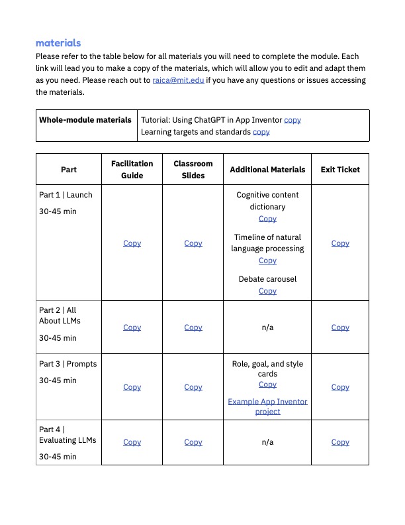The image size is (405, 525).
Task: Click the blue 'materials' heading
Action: (x=58, y=43)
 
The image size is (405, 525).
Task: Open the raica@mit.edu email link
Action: (x=178, y=80)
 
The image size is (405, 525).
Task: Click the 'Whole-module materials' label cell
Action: (x=85, y=120)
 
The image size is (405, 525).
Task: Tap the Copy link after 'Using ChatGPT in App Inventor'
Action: (x=292, y=120)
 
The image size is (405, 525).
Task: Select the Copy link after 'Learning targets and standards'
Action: (x=261, y=132)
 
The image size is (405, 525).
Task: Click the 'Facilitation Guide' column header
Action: (x=132, y=169)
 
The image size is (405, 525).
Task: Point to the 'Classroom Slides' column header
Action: (x=193, y=169)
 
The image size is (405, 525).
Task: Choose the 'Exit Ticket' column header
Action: (x=340, y=170)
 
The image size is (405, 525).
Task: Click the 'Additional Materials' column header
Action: (x=267, y=170)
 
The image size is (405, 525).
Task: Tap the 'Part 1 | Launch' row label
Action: (x=66, y=195)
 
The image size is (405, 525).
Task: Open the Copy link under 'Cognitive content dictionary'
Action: (x=267, y=219)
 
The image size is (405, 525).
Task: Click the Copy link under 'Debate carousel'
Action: (x=267, y=291)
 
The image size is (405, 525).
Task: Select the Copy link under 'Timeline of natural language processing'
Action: (x=267, y=261)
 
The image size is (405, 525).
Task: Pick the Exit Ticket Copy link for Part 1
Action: (x=340, y=243)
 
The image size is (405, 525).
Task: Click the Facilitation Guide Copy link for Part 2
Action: (x=132, y=327)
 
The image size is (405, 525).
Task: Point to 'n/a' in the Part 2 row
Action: (x=267, y=327)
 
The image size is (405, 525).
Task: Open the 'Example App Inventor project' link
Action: (x=267, y=406)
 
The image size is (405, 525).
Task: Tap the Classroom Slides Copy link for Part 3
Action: (x=193, y=387)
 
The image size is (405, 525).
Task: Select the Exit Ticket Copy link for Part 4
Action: (x=340, y=442)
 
